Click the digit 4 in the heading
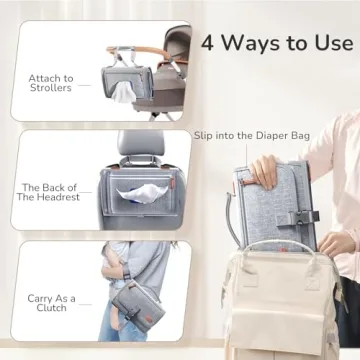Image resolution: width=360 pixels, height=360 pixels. (x=209, y=43)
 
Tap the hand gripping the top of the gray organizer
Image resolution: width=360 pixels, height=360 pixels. (x=258, y=171)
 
